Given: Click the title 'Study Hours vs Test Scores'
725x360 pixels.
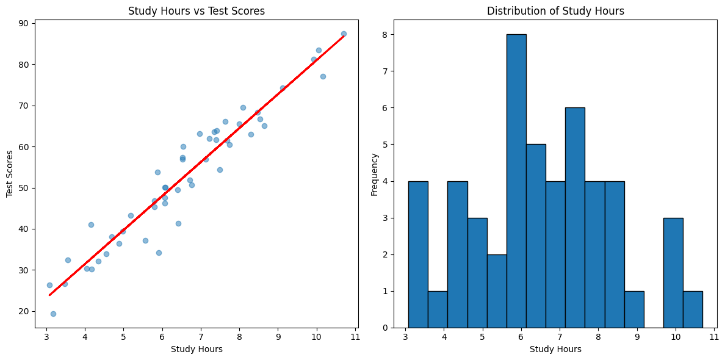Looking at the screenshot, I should tap(196, 11).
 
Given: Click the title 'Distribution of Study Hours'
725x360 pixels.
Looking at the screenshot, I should tap(555, 11).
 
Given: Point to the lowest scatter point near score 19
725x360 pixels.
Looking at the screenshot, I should tap(53, 314).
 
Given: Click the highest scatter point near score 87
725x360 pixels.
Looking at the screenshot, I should tap(344, 34).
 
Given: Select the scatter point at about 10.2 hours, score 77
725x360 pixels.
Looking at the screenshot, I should tap(323, 76).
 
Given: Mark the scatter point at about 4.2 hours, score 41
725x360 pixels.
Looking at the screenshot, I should tap(91, 225).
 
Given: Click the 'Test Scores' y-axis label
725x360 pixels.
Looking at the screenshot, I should tap(10, 174).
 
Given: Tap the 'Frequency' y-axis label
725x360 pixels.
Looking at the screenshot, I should tap(374, 174).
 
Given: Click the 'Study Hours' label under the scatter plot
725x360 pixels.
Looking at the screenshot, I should tap(196, 349).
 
